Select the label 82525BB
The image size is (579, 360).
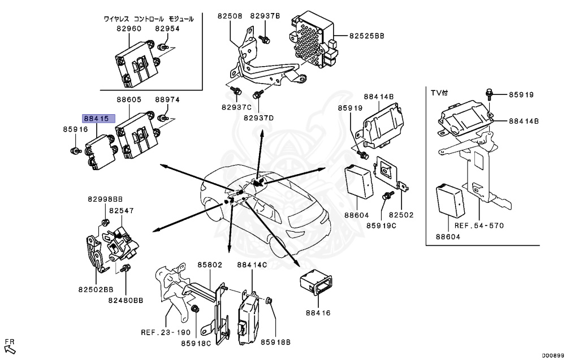click(x=366, y=36)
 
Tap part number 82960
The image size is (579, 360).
click(x=129, y=28)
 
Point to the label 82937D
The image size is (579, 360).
click(x=258, y=118)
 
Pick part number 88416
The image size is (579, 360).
click(x=317, y=313)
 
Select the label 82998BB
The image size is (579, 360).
click(x=105, y=199)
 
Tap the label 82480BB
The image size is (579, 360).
click(x=127, y=301)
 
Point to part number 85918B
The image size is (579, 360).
click(x=275, y=342)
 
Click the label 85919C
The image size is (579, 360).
click(x=381, y=225)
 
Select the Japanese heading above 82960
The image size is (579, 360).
click(x=149, y=19)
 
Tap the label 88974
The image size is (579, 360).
click(x=167, y=99)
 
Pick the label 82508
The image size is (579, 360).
click(x=230, y=16)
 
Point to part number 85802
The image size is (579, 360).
click(x=209, y=264)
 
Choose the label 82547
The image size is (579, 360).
click(x=122, y=210)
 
